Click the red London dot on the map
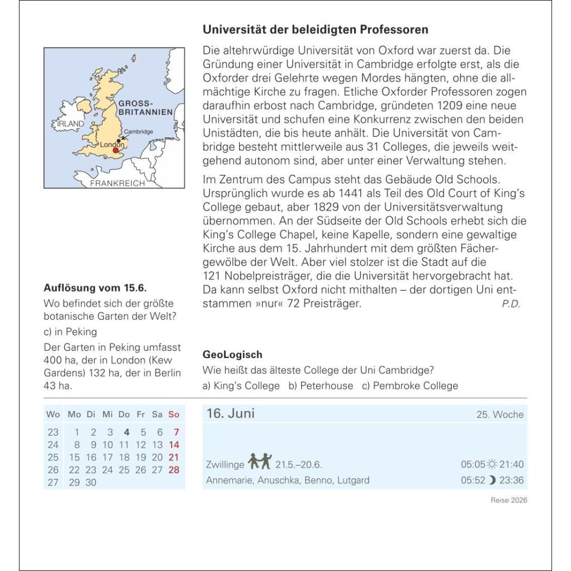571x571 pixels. pyautogui.click(x=115, y=150)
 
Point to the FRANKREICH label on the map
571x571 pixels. pyautogui.click(x=117, y=183)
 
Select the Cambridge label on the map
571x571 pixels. pyautogui.click(x=138, y=132)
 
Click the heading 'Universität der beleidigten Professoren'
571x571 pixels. pyautogui.click(x=315, y=30)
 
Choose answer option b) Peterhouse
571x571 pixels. pyautogui.click(x=321, y=385)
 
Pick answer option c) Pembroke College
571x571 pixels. pyautogui.click(x=410, y=385)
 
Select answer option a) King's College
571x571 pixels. pyautogui.click(x=241, y=385)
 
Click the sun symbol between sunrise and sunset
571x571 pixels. pyautogui.click(x=491, y=464)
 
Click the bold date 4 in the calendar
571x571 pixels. pyautogui.click(x=127, y=432)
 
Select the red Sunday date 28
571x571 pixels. pyautogui.click(x=174, y=470)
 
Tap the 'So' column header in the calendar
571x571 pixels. pyautogui.click(x=174, y=414)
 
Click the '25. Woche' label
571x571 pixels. pyautogui.click(x=500, y=414)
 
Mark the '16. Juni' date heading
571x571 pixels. pyautogui.click(x=230, y=413)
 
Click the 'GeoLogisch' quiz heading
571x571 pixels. pyautogui.click(x=232, y=355)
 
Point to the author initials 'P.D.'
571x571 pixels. pyautogui.click(x=510, y=304)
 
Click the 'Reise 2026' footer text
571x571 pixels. pyautogui.click(x=509, y=500)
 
